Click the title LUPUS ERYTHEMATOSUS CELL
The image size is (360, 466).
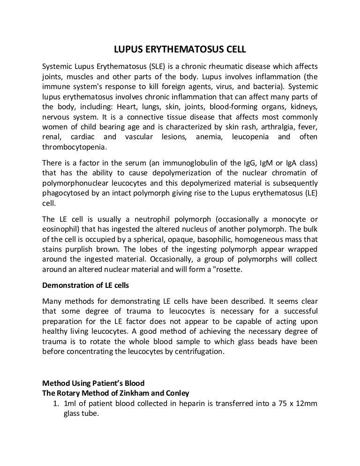[180, 49]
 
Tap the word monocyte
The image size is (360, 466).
[284, 219]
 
